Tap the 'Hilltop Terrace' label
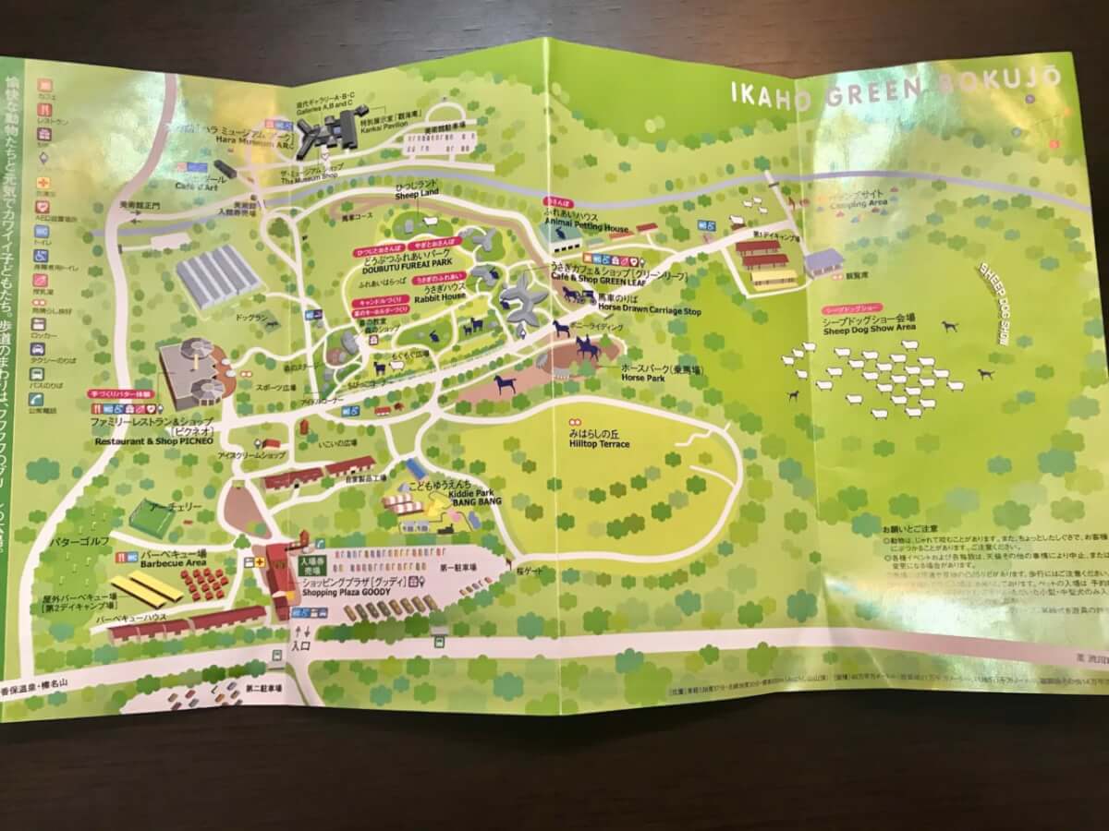coord(599,443)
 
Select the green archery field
coord(152,518)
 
